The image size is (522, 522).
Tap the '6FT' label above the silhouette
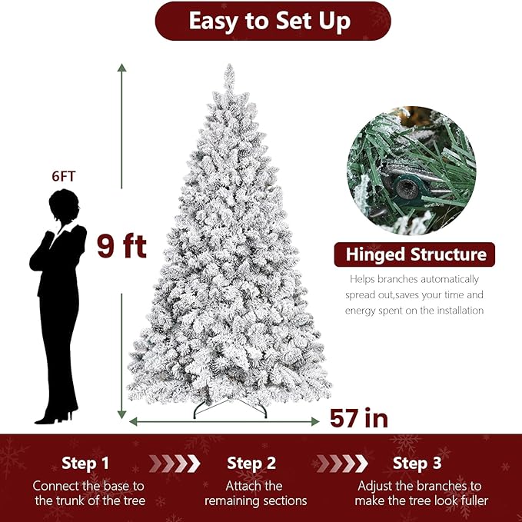tap(64, 176)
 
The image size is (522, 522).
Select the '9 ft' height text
tap(121, 246)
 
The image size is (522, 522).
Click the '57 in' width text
tap(359, 418)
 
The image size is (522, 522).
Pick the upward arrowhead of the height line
tap(121, 68)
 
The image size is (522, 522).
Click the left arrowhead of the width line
tap(132, 421)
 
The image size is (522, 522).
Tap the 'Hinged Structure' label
tap(416, 254)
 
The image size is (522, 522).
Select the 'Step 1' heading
tap(85, 464)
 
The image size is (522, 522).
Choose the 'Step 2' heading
tap(251, 464)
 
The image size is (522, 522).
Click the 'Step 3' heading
tap(417, 464)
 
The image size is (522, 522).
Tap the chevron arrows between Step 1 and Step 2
tap(175, 464)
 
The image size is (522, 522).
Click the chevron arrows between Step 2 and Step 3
tap(341, 464)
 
